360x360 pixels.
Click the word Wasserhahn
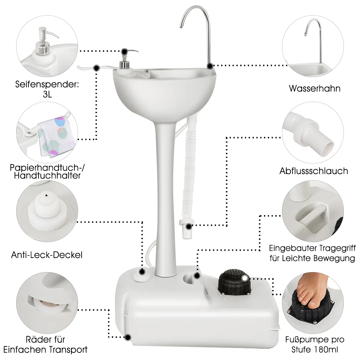(x=315, y=88)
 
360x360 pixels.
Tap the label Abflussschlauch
(x=314, y=171)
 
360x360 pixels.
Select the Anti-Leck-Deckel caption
(x=47, y=255)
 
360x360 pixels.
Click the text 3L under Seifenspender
(x=47, y=94)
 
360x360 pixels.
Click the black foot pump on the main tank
(x=235, y=282)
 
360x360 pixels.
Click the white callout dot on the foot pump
(x=244, y=278)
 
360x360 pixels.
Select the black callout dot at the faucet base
(x=210, y=66)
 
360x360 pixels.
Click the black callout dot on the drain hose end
(x=189, y=227)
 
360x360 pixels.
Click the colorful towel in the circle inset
(x=57, y=136)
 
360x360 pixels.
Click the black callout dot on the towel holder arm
(x=96, y=68)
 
